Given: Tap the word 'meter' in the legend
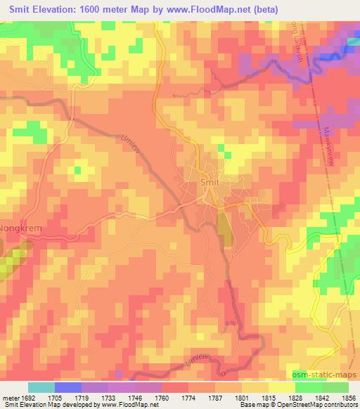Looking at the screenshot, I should pyautogui.click(x=8, y=397).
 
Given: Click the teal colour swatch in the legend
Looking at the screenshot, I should pyautogui.click(x=41, y=387).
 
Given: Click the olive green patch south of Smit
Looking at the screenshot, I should pyautogui.click(x=224, y=230).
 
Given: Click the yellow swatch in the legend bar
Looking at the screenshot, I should pyautogui.click(x=281, y=387).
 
